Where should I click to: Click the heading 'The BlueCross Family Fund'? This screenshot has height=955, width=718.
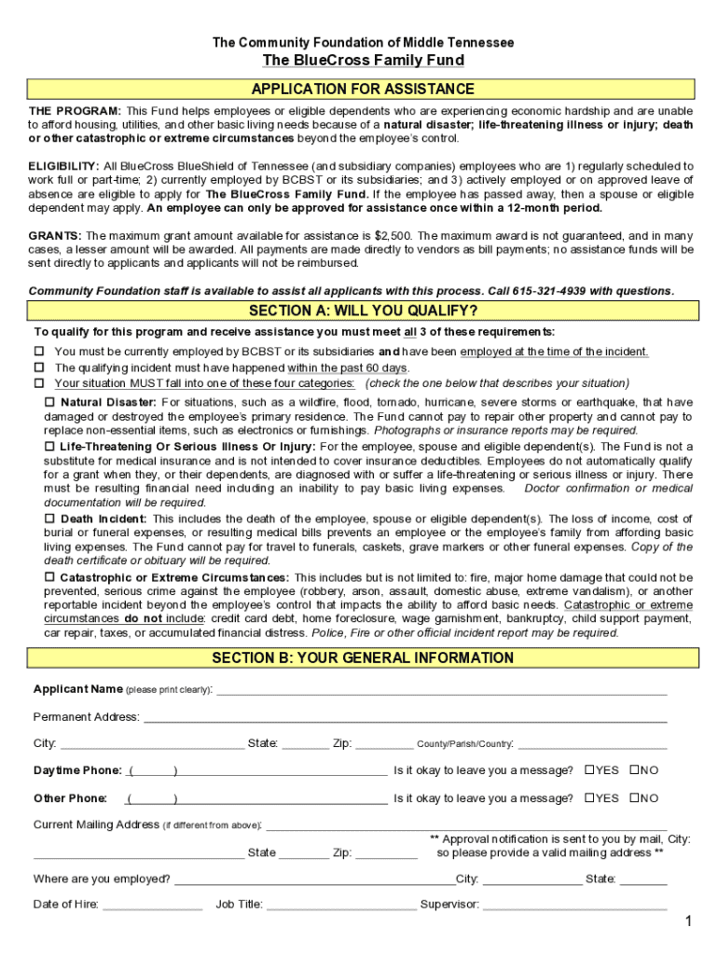point(363,61)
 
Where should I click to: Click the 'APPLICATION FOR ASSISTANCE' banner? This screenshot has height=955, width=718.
point(363,90)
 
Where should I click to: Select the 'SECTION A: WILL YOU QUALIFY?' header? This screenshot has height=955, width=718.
point(363,311)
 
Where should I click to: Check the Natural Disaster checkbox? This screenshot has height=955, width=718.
point(50,402)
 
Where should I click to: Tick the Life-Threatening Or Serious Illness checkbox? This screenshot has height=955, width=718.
point(50,447)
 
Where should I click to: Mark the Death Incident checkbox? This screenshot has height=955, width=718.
point(50,519)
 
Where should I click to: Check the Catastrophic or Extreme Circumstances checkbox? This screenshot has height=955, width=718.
point(50,578)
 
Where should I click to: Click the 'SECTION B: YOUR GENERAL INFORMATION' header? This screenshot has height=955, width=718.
point(363,658)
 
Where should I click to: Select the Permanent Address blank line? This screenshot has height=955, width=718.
point(405,718)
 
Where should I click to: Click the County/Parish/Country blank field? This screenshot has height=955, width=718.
point(592,744)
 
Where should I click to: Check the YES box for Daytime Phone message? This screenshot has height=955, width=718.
point(589,770)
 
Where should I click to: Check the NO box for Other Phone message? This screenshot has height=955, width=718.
point(634,798)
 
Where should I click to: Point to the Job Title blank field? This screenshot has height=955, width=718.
point(341,905)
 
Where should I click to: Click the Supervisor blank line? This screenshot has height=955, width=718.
point(575,905)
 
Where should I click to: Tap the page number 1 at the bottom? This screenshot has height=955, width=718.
point(687,922)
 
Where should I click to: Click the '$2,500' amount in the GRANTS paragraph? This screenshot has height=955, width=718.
point(395,236)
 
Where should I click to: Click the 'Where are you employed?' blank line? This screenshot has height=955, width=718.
point(314,879)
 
